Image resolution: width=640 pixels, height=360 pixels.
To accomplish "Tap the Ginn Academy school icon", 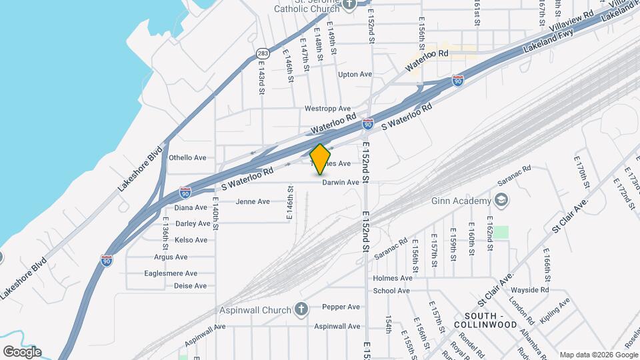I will (x=501, y=201).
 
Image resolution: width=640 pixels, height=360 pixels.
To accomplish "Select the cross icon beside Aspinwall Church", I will (x=301, y=310).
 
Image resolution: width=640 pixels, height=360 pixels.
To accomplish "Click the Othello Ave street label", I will (x=187, y=158).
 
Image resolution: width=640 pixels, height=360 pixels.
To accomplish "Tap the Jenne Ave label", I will (x=253, y=201).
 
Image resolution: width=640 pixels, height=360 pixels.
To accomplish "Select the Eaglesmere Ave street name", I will (x=171, y=273).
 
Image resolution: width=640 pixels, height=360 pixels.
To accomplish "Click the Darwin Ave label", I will (x=341, y=182).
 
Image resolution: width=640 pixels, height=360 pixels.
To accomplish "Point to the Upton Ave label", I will (x=355, y=74).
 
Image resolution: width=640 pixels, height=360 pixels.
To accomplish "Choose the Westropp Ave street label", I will (x=327, y=108).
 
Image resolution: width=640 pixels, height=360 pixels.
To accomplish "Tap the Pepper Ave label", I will (x=341, y=307).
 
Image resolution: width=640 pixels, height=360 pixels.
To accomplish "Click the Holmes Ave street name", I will (x=393, y=278).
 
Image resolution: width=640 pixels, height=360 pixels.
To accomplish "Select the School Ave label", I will (x=391, y=291).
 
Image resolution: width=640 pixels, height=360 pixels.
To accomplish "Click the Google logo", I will (x=22, y=351).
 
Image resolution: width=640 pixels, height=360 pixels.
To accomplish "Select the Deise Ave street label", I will (x=191, y=286).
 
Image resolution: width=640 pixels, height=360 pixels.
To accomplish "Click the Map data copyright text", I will (x=597, y=355).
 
